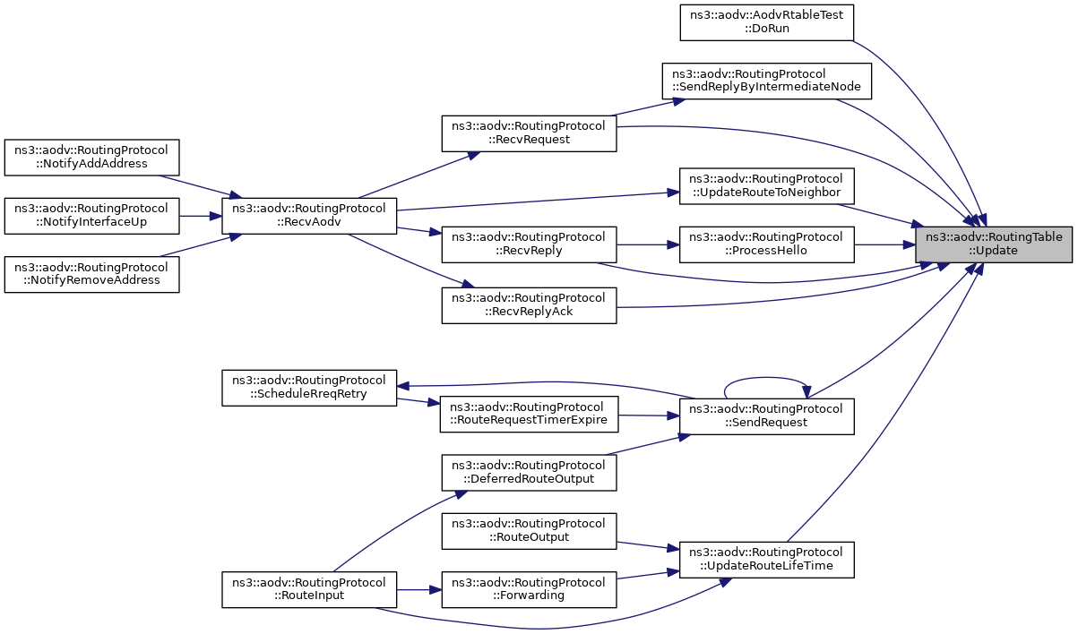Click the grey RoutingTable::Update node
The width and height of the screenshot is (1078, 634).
pos(993,244)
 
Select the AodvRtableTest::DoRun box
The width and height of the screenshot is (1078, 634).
pos(767,22)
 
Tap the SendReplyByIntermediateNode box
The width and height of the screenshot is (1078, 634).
pos(767,81)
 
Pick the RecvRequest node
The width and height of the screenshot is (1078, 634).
pos(529,133)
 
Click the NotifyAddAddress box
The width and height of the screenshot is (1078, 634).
pos(92,158)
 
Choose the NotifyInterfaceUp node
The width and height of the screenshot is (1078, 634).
pos(92,216)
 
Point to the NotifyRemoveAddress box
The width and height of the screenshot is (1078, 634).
pos(92,274)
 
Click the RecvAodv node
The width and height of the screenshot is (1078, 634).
pos(309,216)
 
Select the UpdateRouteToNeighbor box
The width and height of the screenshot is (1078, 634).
pos(767,186)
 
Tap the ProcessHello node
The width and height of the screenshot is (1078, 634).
pos(767,244)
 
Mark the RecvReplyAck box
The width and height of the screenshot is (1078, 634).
pos(529,305)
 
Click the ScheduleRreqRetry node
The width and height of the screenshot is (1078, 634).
pos(309,388)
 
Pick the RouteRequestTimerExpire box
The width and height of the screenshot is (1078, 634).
pos(529,415)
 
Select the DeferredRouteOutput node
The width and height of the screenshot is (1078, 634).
pos(529,473)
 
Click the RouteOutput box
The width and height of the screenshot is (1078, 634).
pos(529,531)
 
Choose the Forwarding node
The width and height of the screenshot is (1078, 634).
pos(529,589)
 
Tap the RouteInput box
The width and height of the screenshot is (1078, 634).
pos(309,589)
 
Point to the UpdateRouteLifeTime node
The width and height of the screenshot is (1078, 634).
pos(767,560)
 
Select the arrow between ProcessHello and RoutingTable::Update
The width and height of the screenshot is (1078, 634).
pos(885,244)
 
